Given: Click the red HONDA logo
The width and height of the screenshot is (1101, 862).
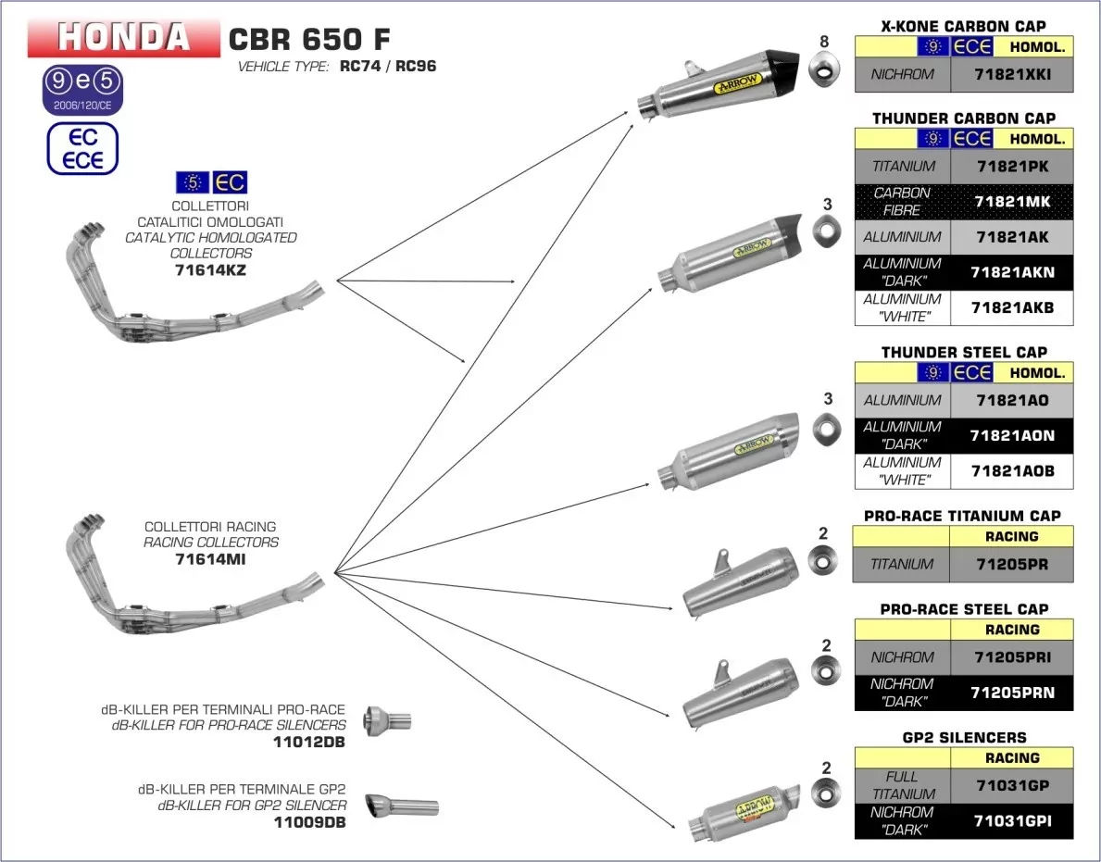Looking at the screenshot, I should (x=124, y=37).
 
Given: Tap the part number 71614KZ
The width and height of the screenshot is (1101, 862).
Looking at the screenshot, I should (x=210, y=270).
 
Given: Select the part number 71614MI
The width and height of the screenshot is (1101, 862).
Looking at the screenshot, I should (x=210, y=559).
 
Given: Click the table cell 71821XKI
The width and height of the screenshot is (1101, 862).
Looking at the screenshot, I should (x=1011, y=74).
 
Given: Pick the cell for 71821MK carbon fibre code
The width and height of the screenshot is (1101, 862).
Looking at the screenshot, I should (x=1011, y=202).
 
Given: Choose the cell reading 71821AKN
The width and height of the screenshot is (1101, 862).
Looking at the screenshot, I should (x=1011, y=272).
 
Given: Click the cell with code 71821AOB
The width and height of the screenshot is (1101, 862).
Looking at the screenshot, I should (x=1011, y=471).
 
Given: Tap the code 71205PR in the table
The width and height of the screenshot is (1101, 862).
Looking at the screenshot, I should (x=1011, y=564).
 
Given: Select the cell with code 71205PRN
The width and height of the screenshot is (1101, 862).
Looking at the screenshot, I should (x=1011, y=693).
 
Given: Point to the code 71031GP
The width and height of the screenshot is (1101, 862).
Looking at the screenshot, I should (x=1011, y=785).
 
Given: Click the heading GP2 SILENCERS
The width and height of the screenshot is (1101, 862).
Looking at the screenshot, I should (x=963, y=737).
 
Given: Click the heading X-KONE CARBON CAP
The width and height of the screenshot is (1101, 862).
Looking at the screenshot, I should (x=963, y=26).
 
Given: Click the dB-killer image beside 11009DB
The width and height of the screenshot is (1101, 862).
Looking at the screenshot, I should (x=400, y=806).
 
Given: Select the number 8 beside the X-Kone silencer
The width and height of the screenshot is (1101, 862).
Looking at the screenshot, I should (x=825, y=41).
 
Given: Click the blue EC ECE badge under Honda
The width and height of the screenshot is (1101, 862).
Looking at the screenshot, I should (x=83, y=148).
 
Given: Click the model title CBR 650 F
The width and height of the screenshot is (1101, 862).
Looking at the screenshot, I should (x=309, y=39).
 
